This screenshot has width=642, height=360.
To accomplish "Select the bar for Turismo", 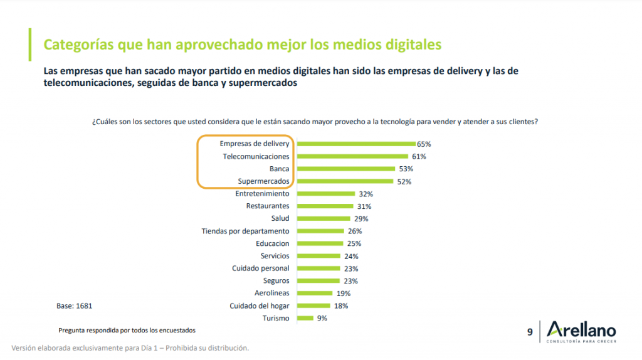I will tap(305, 318).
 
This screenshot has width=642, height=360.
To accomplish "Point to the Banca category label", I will tap(279, 169).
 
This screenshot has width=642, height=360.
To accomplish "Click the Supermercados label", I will tap(263, 181).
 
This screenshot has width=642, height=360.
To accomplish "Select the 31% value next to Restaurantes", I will tap(364, 206).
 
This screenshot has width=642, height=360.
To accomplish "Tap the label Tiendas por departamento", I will tap(245, 231).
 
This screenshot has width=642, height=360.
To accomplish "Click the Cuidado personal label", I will tap(260, 268).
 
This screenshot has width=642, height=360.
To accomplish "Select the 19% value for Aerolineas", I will tap(343, 293).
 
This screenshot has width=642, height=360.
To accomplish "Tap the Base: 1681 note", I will tap(75, 306).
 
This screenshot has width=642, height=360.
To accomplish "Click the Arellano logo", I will tap(581, 331).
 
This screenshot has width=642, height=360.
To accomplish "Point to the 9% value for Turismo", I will tap(322, 318).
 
